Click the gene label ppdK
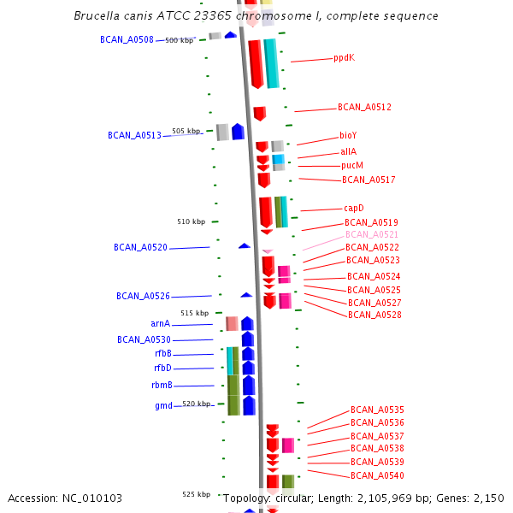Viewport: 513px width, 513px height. (344, 58)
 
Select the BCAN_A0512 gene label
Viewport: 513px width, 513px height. (364, 107)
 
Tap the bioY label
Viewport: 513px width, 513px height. (348, 135)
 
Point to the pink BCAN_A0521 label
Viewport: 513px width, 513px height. (372, 234)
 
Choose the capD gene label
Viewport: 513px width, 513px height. (354, 208)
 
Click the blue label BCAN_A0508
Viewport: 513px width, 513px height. (127, 39)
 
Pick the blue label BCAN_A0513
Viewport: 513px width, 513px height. (134, 135)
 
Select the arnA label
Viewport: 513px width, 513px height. (160, 324)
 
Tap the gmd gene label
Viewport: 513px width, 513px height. (163, 405)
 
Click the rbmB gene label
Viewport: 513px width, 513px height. (162, 385)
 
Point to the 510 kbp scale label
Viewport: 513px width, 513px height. (191, 221)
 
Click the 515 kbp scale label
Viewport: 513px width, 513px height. (194, 313)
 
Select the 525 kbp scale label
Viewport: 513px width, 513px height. (196, 494)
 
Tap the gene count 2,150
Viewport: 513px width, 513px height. (486, 498)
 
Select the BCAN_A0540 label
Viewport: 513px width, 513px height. (377, 475)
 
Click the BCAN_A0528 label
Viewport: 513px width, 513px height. (374, 315)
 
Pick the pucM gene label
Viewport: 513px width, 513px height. (352, 165)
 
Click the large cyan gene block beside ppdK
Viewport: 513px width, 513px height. (271, 63)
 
